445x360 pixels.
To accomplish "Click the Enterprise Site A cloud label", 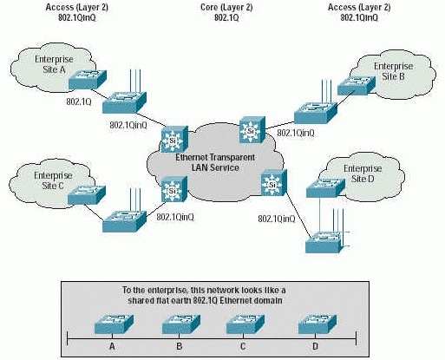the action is (54, 64).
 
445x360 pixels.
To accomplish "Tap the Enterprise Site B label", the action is (393, 71).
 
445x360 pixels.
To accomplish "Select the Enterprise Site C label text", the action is (53, 180).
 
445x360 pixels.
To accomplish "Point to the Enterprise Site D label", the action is (363, 173).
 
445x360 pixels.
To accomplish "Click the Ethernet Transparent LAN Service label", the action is (215, 162).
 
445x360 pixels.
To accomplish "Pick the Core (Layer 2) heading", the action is (226, 7).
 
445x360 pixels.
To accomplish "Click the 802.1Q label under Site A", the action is (79, 101).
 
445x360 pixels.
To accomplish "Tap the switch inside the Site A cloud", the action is (88, 80).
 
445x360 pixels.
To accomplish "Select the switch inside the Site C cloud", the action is (87, 195).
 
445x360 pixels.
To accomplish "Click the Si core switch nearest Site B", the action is (252, 129).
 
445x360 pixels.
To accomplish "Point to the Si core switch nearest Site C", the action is (174, 189).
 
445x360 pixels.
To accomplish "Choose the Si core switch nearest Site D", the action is (274, 183).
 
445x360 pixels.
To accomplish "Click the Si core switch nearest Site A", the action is (174, 139).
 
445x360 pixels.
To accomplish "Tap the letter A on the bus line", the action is (112, 346).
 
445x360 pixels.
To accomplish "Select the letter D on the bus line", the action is (315, 346).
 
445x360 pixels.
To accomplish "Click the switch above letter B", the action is (181, 324).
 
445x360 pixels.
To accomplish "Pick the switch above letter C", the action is (245, 324).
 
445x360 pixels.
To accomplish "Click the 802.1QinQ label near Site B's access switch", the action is (296, 133).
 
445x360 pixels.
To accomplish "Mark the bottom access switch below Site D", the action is (324, 242).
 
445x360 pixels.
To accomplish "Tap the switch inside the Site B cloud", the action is (357, 85).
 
